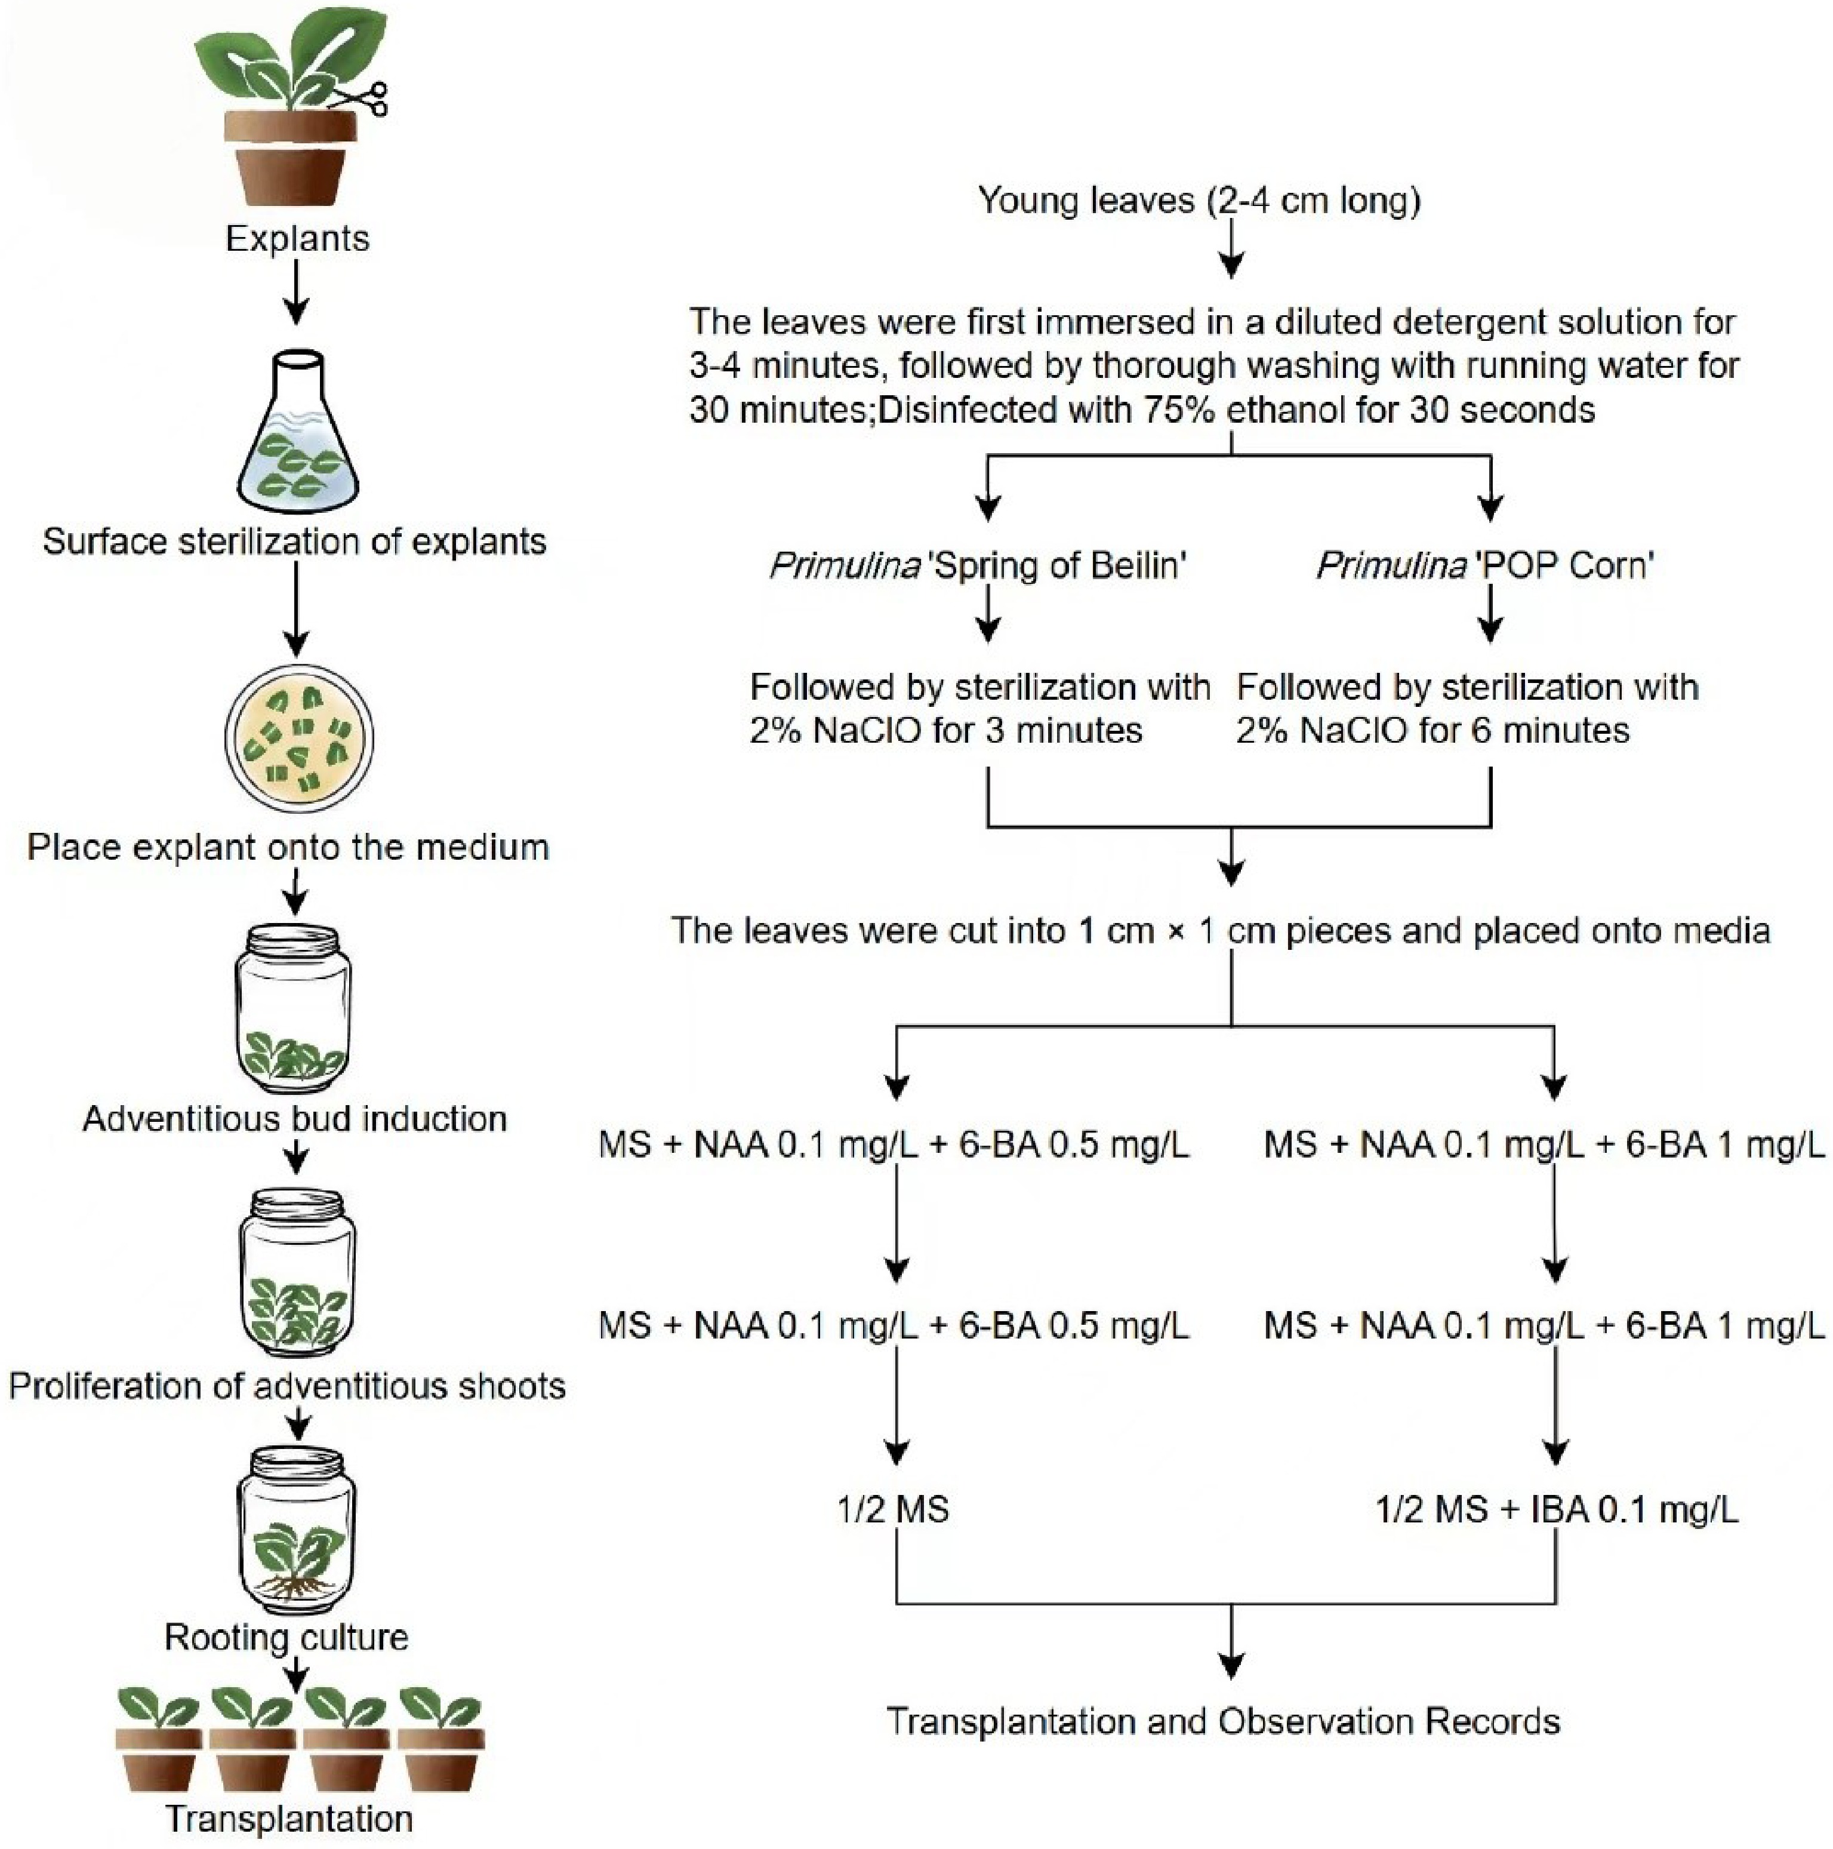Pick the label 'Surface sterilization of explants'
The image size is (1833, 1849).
[x=295, y=542]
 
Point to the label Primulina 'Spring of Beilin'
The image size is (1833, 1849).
[x=978, y=565]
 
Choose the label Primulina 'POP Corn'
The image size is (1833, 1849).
[x=1485, y=565]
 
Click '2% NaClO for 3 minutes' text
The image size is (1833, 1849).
[x=945, y=731]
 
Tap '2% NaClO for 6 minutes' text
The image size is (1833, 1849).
[x=1432, y=731]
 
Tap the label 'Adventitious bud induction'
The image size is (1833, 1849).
[x=295, y=1119]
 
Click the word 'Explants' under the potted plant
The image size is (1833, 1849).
[x=297, y=238]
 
